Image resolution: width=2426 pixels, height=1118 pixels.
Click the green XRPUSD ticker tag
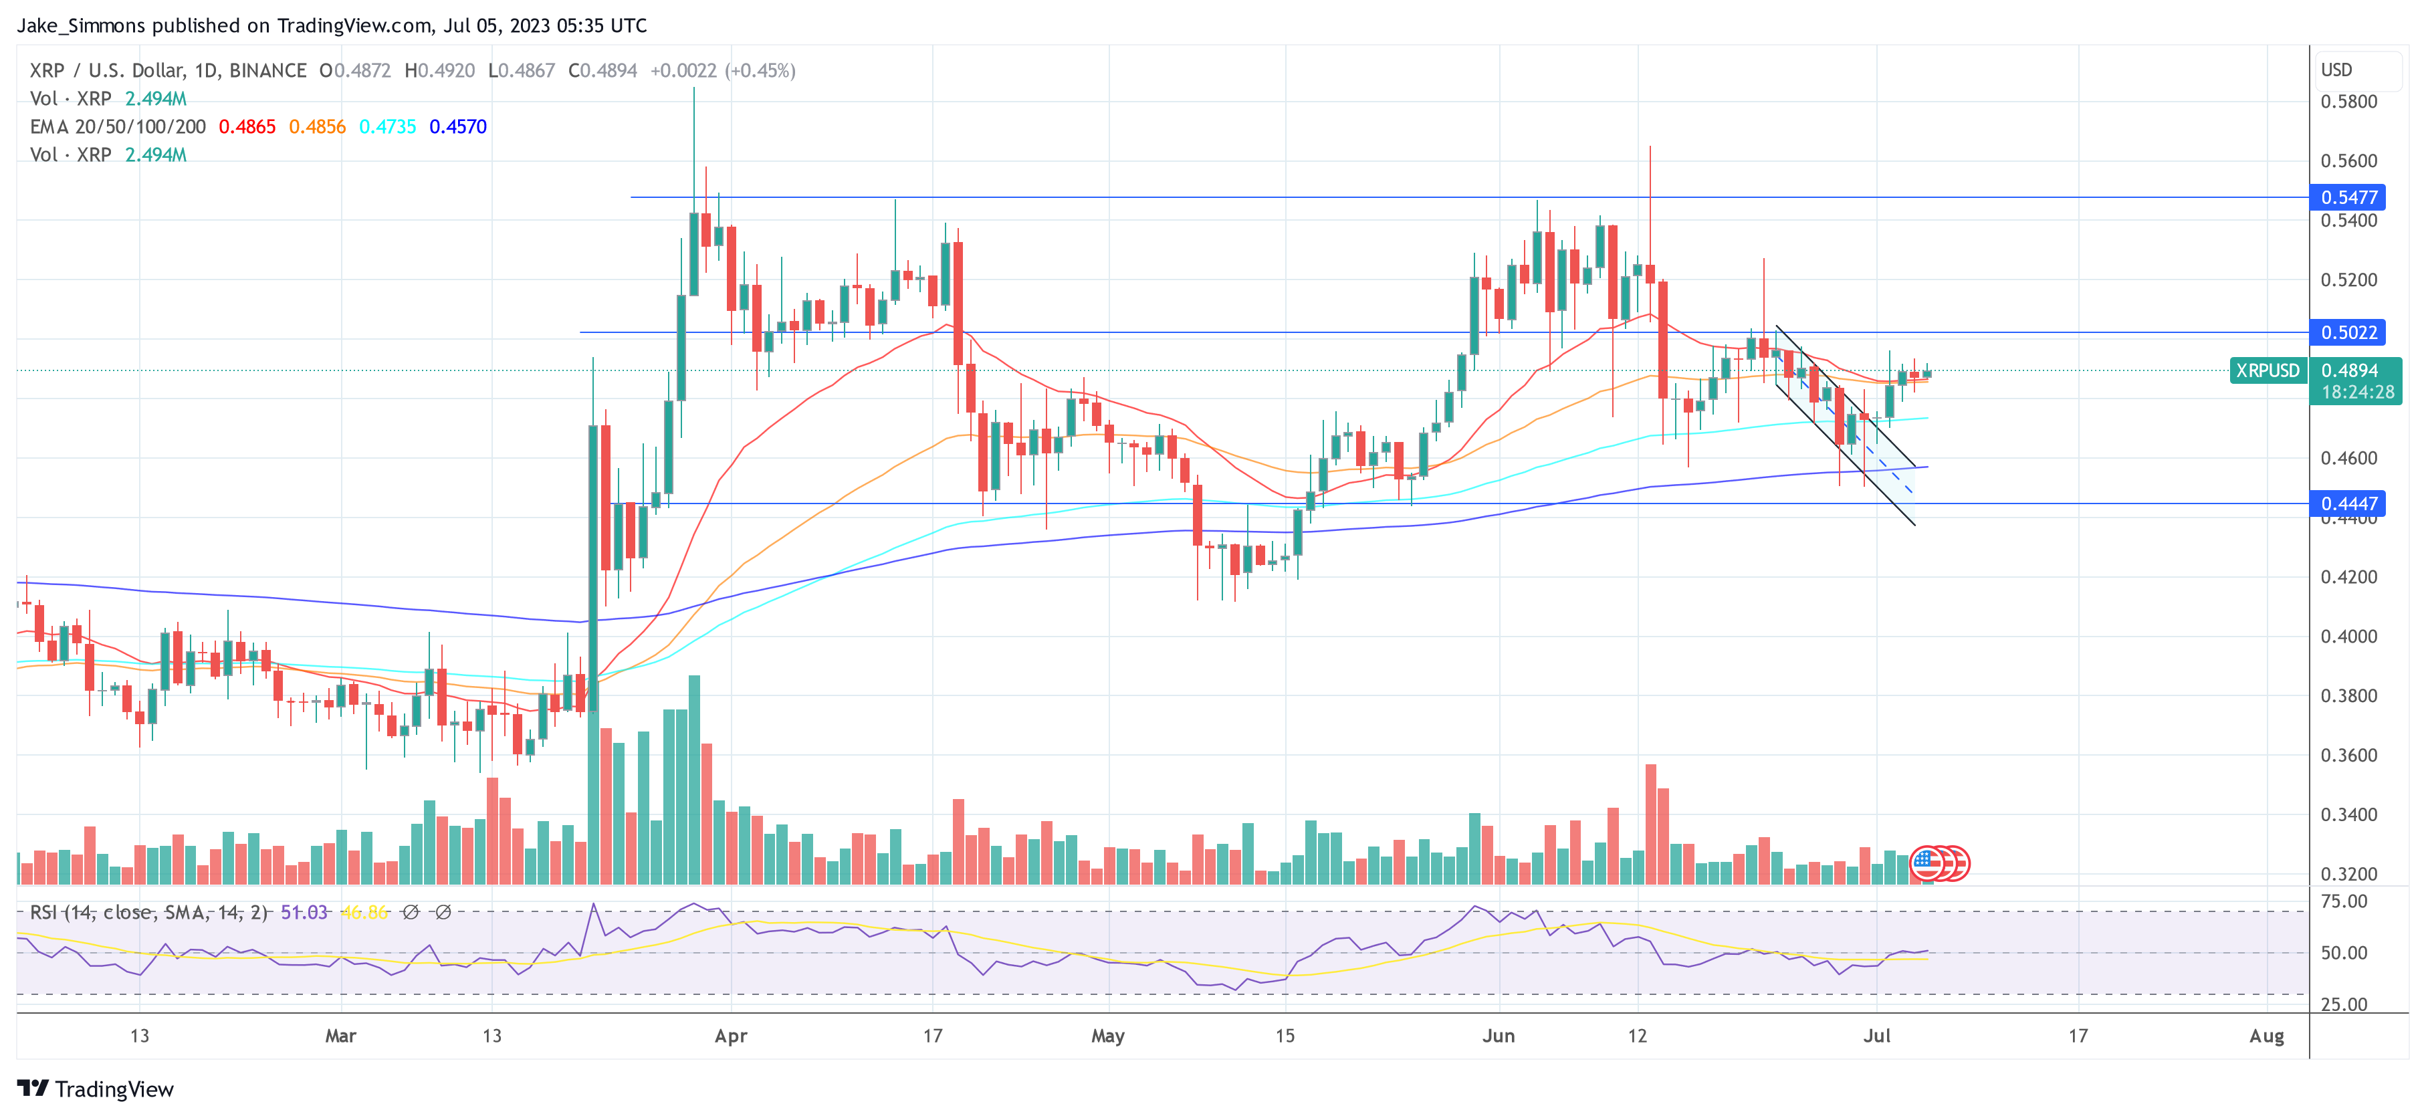click(x=2267, y=370)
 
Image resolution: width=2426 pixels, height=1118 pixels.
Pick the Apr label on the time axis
click(x=731, y=1036)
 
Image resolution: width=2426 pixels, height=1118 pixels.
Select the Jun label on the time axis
click(x=1499, y=1036)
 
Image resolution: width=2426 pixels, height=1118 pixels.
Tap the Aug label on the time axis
click(x=2266, y=1036)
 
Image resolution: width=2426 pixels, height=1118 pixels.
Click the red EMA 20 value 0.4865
click(x=247, y=126)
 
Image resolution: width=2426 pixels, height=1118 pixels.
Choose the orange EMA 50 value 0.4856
click(x=318, y=126)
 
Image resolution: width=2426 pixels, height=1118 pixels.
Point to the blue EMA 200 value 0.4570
click(x=457, y=126)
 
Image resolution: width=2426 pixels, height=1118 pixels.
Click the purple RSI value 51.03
click(x=304, y=912)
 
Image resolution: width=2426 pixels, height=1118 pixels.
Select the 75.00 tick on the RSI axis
click(x=2343, y=901)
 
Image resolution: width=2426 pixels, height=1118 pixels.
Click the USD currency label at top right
click(x=2336, y=70)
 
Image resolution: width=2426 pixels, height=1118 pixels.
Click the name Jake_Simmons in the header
click(x=81, y=25)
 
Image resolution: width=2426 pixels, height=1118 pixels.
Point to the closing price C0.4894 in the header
click(x=602, y=71)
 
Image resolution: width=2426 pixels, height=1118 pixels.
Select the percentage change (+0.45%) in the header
click(x=760, y=71)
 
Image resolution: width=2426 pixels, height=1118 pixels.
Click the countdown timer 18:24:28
click(x=2357, y=392)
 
